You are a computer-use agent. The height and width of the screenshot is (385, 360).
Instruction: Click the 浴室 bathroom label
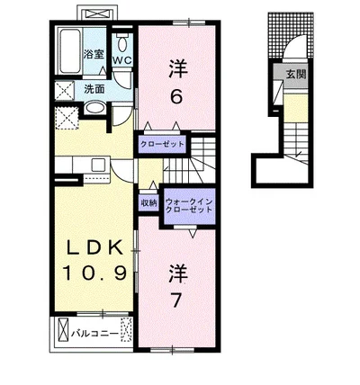point(94,55)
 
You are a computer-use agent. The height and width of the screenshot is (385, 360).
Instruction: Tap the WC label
point(122,60)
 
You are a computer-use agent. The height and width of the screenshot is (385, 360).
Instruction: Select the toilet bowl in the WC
point(122,44)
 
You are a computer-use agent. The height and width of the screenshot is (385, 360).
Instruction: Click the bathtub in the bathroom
point(69,50)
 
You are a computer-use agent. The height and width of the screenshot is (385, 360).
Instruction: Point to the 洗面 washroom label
point(94,89)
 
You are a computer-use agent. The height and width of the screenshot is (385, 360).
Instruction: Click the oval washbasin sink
point(94,108)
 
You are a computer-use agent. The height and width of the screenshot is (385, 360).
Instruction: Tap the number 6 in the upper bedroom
point(176,96)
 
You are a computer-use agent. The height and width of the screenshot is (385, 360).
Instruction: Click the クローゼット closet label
point(162,144)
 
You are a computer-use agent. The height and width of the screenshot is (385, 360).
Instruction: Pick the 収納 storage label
point(148,203)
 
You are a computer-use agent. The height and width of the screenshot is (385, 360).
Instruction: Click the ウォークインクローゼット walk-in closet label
point(189,205)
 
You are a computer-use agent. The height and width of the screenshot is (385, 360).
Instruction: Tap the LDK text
point(94,247)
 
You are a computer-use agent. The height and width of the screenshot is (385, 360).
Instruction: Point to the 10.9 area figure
point(94,273)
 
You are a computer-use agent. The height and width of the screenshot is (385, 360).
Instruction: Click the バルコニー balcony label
point(94,334)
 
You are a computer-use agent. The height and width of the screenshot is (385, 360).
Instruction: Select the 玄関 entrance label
point(295,75)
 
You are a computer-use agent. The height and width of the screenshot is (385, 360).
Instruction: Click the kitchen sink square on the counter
point(98,165)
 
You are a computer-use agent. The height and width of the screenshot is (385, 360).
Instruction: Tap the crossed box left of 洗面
point(65,90)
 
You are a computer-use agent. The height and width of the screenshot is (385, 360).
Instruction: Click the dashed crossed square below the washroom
point(67,118)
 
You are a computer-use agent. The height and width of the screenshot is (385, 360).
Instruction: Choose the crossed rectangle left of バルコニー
point(63,330)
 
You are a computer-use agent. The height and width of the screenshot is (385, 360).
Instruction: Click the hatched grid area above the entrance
point(291,34)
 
